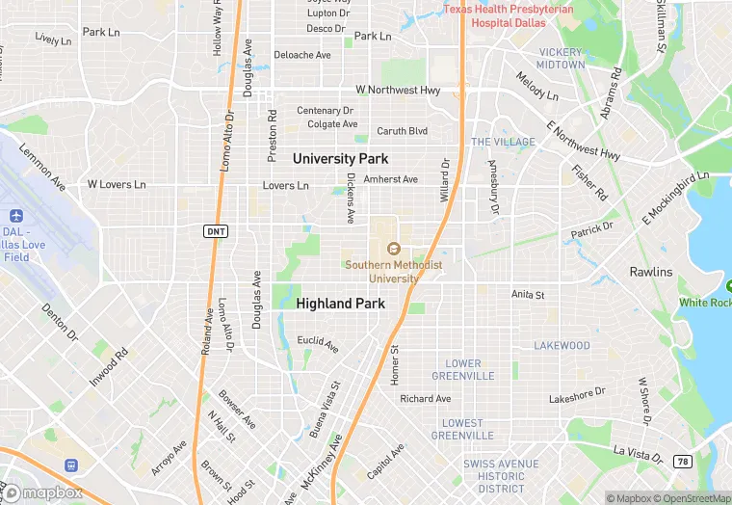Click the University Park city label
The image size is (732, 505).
coord(340,158)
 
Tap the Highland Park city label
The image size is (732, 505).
coord(340,303)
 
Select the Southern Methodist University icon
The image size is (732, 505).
coord(394,250)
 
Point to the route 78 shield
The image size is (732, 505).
coord(682,462)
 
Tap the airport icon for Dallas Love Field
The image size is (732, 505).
coord(16,216)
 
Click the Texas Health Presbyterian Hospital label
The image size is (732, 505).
coord(508,15)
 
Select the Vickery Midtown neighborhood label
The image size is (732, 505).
coord(562,58)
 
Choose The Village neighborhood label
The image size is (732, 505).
coord(502,142)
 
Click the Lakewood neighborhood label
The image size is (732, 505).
coord(562,345)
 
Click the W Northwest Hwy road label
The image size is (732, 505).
coord(398,90)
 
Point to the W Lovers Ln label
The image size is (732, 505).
coord(117,183)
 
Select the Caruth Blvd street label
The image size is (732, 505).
coord(402,131)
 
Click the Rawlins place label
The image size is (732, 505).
coord(651,272)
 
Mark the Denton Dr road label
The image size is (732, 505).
coord(59,323)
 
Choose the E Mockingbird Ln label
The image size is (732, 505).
coord(675,199)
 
